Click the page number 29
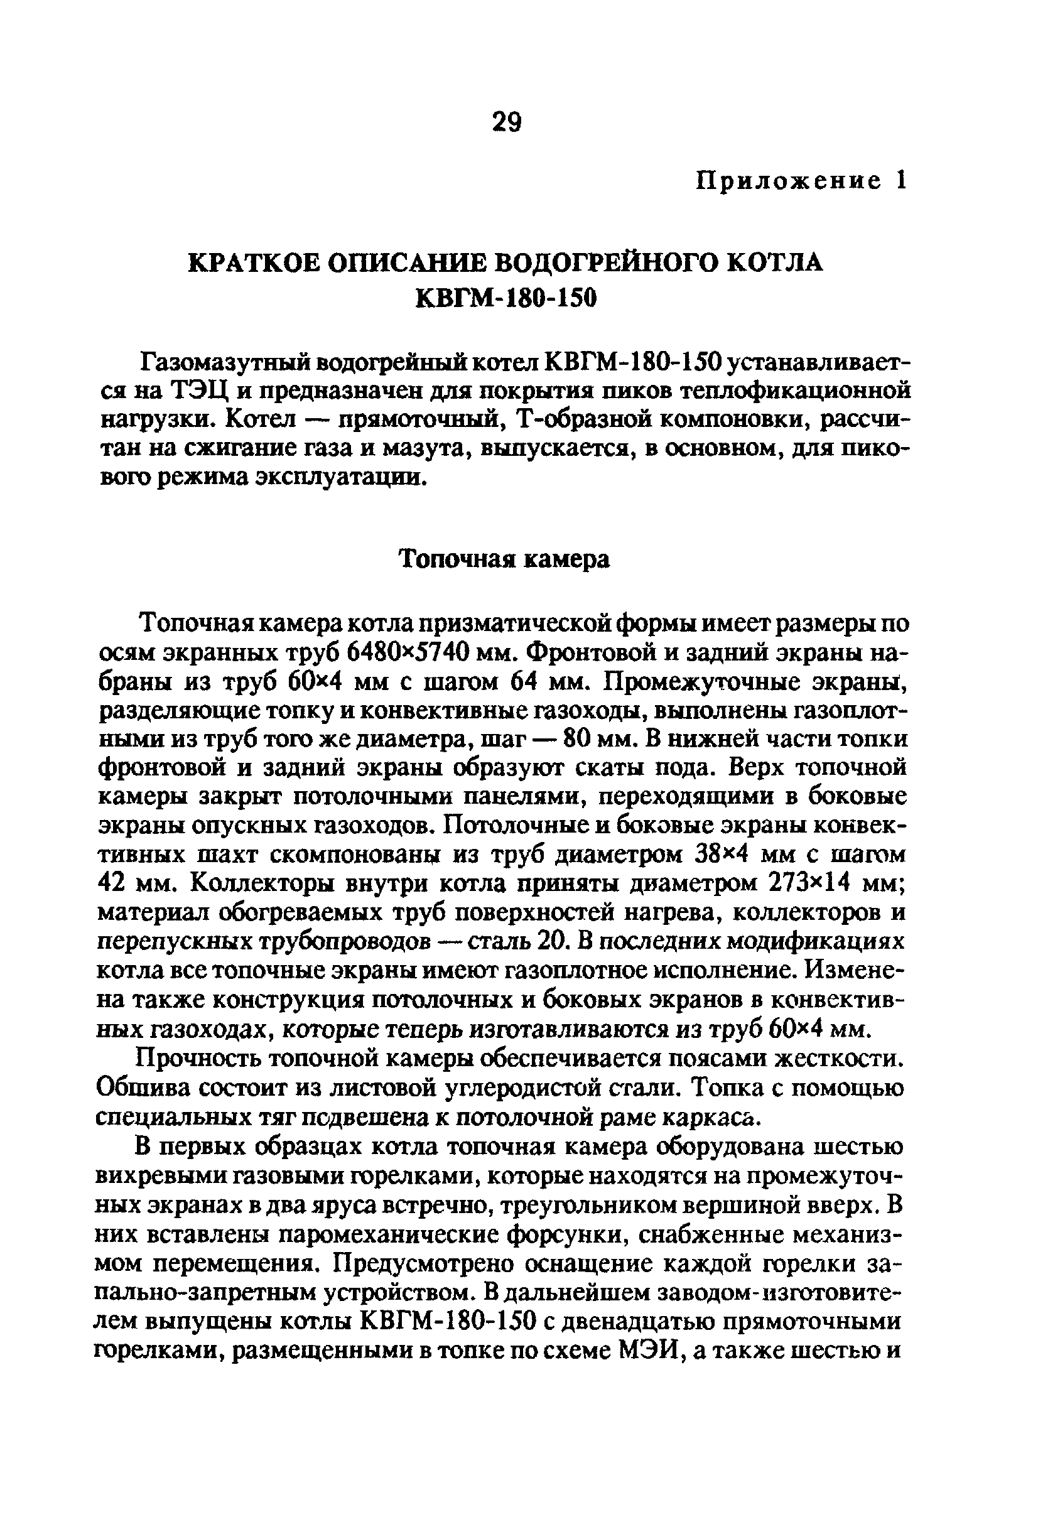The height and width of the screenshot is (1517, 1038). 507,121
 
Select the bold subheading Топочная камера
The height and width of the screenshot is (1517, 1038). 505,559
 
